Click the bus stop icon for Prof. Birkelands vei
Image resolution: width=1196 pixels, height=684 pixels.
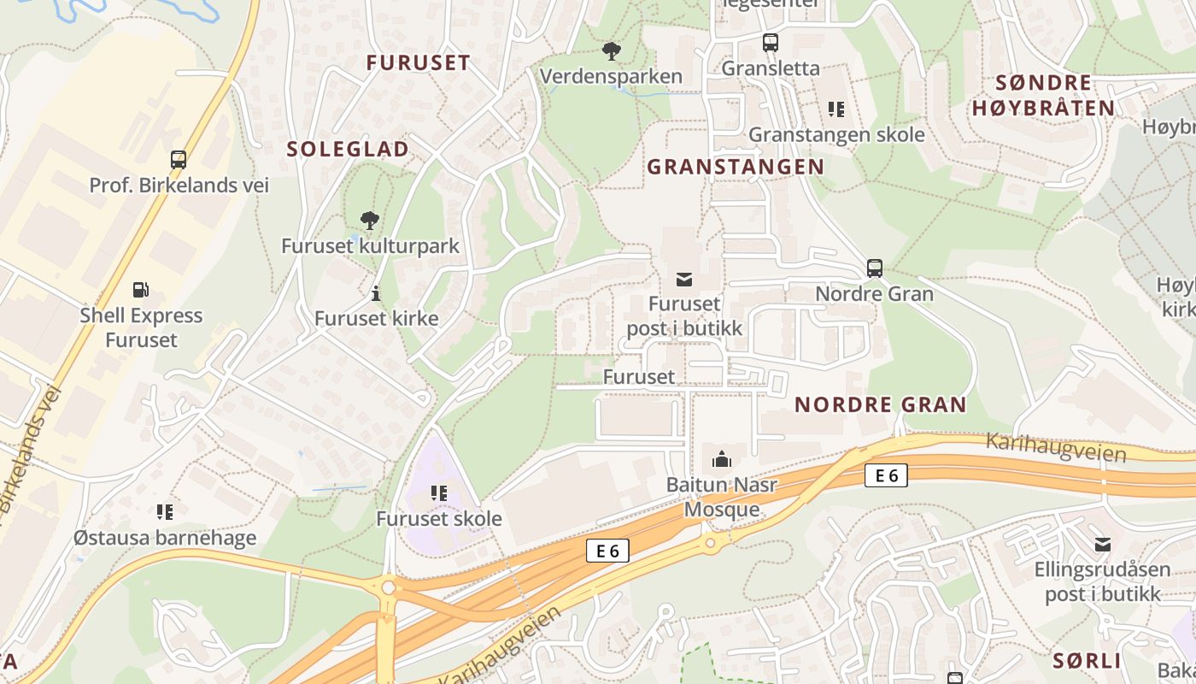pos(179,160)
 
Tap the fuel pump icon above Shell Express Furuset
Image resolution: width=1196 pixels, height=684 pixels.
pos(142,290)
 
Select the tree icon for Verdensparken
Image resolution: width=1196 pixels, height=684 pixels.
pos(611,51)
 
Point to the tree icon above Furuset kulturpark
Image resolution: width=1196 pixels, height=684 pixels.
pos(369,221)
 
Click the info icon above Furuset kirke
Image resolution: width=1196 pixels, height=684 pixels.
pos(376,293)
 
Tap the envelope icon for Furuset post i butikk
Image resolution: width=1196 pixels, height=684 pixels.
pos(684,279)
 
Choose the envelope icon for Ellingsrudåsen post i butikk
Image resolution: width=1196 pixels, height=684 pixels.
pos(1103,544)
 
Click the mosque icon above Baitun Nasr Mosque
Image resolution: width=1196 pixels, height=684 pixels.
pos(722,460)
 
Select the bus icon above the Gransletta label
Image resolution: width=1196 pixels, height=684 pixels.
pos(770,42)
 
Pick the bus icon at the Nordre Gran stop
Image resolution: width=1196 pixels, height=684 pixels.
pos(874,268)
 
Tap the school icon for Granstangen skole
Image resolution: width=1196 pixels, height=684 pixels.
pos(835,109)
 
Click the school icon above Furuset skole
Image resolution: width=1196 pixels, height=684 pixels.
pos(439,493)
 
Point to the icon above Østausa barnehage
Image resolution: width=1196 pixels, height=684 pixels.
pos(165,512)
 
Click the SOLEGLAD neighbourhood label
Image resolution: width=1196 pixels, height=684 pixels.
pos(348,149)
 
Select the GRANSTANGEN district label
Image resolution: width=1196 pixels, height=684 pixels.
pos(736,167)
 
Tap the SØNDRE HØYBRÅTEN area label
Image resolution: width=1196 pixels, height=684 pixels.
pos(1043,95)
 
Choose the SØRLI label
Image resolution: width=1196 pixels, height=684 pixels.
pos(1087,661)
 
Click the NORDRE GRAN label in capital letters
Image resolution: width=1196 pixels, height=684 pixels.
pos(880,404)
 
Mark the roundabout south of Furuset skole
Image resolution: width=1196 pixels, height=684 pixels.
pos(389,587)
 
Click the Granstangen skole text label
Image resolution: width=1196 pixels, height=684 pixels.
pos(836,135)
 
